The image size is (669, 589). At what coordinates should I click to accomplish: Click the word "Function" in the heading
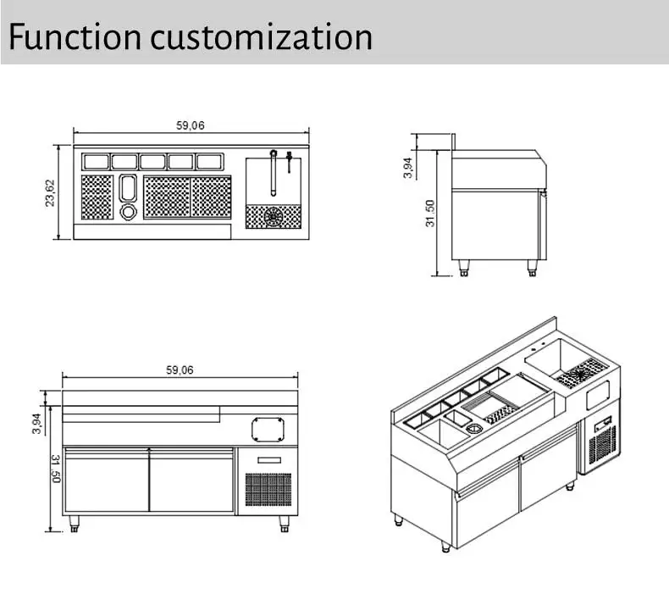point(75,37)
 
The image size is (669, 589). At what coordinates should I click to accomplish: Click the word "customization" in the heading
point(261,37)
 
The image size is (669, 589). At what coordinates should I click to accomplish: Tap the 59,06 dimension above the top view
point(191,125)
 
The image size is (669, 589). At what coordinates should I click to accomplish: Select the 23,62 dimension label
point(50,192)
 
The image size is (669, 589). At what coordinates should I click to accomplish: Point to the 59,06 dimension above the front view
point(179,370)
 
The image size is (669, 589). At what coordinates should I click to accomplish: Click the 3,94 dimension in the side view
point(407,168)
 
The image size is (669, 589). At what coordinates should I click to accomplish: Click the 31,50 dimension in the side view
point(429,213)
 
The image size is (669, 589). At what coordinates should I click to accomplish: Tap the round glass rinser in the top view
point(274,217)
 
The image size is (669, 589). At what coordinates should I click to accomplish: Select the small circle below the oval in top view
point(128,210)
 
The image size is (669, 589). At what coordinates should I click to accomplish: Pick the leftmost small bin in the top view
point(96,161)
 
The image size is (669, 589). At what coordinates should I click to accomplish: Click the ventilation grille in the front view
point(268,491)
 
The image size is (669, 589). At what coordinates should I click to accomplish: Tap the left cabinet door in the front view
point(107,481)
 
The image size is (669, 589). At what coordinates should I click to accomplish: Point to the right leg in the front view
point(284,524)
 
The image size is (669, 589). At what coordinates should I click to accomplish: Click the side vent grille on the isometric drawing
point(602,444)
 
